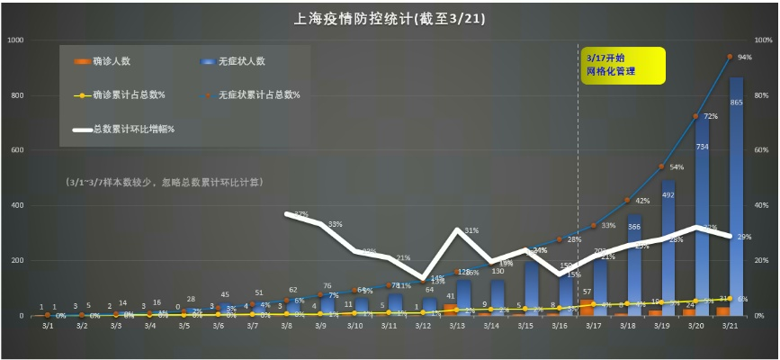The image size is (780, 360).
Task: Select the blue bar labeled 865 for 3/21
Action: coord(736,198)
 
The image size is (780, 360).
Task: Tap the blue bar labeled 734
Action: coord(702,216)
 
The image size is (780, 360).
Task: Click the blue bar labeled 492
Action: coord(668,247)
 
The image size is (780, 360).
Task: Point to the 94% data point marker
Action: coord(730,56)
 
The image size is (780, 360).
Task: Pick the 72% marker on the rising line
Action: coord(695,116)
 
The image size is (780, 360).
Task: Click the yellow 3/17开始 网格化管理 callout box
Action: coord(623,65)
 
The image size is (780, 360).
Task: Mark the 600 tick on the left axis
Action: coord(19,150)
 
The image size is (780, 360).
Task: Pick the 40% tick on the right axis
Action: coord(761,206)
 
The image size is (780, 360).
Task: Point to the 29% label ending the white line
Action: coord(745,236)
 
